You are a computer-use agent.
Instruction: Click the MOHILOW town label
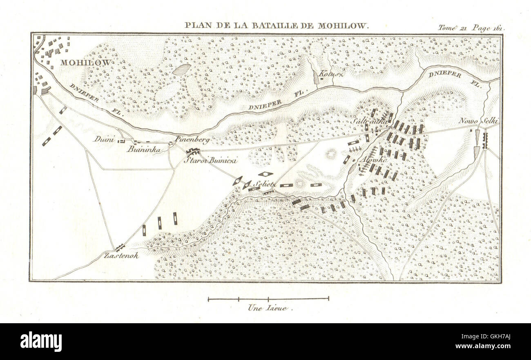click(86, 63)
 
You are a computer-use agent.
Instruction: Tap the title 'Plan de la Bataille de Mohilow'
click(277, 25)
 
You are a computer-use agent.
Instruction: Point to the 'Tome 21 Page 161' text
click(471, 28)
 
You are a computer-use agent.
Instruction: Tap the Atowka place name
click(366, 161)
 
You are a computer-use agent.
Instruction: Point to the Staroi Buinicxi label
click(211, 160)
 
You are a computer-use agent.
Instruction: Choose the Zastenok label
click(121, 255)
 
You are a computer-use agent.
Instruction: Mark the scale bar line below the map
click(268, 299)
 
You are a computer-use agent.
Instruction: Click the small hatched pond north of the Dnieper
click(181, 69)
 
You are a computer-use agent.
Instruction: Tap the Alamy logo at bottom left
click(41, 341)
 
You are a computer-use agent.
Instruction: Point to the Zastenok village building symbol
click(120, 247)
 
